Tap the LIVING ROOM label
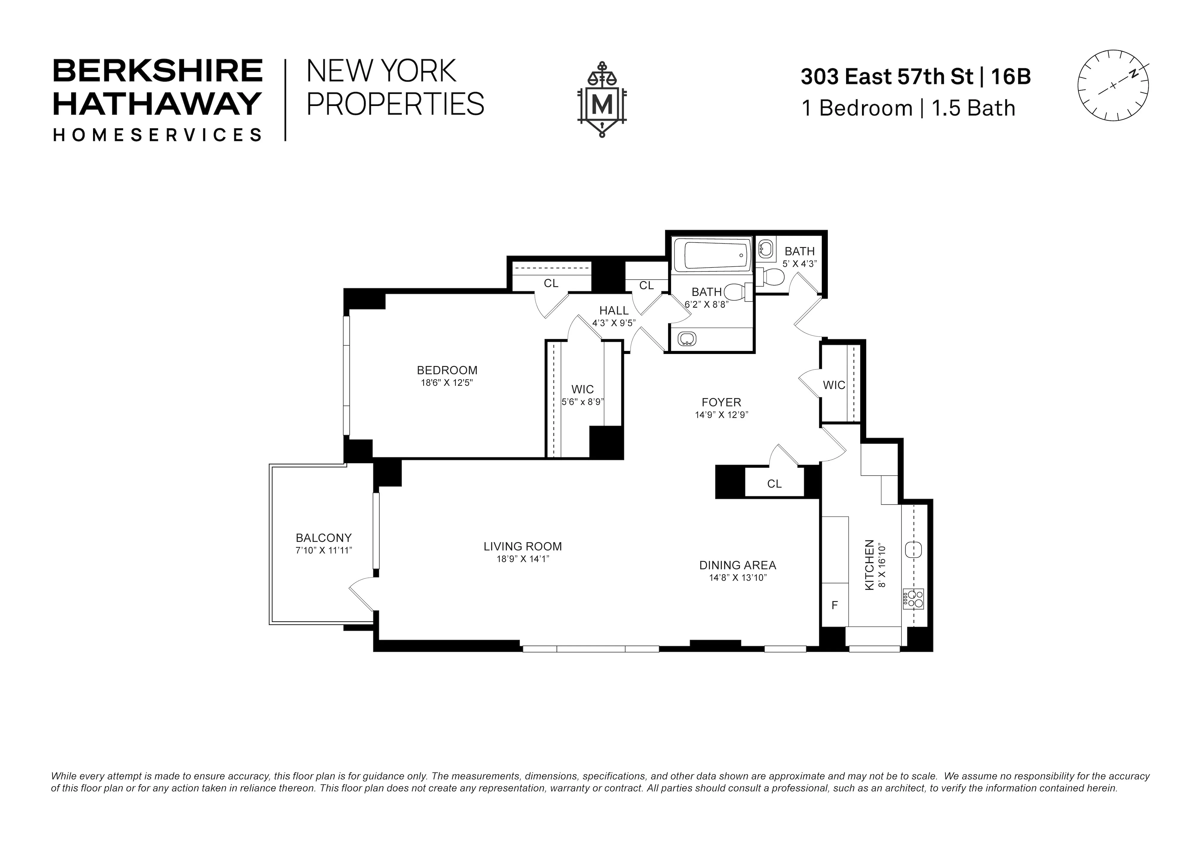tap(522, 547)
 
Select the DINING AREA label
tap(737, 566)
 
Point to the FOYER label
tap(721, 402)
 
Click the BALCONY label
tap(323, 538)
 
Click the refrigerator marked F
tap(834, 605)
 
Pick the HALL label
tap(614, 311)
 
